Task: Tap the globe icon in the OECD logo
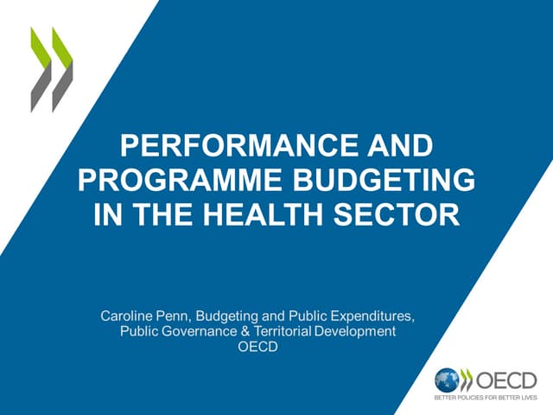(x=446, y=380)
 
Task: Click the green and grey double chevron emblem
(x=51, y=69)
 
